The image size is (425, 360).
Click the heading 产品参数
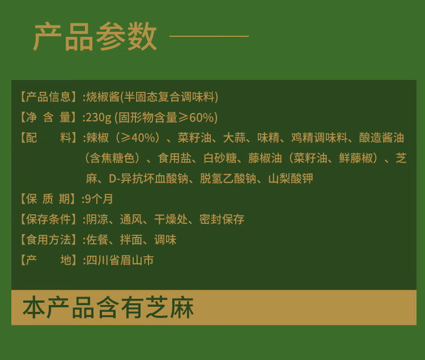(x=95, y=36)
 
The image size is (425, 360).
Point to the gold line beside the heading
(x=209, y=36)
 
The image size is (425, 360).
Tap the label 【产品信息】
(x=49, y=97)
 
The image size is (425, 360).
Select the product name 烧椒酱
(x=103, y=97)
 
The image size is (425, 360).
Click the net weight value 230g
(x=99, y=118)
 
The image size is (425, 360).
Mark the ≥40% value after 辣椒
(x=138, y=138)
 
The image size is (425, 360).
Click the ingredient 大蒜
(x=235, y=138)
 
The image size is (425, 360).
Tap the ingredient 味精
(x=269, y=138)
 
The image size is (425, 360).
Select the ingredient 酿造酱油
(x=381, y=138)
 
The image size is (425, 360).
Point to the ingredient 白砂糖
(x=220, y=158)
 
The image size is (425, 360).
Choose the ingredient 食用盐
(x=175, y=158)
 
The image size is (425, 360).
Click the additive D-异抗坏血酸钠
(x=148, y=179)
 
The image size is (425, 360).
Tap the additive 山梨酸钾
(x=291, y=179)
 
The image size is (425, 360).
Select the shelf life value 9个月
(x=99, y=199)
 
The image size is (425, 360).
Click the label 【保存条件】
(x=49, y=219)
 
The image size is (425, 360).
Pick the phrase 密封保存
(x=222, y=219)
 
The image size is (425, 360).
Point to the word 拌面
(x=131, y=240)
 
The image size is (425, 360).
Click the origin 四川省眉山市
(x=120, y=260)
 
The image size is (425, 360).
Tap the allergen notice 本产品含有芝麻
(x=108, y=308)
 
